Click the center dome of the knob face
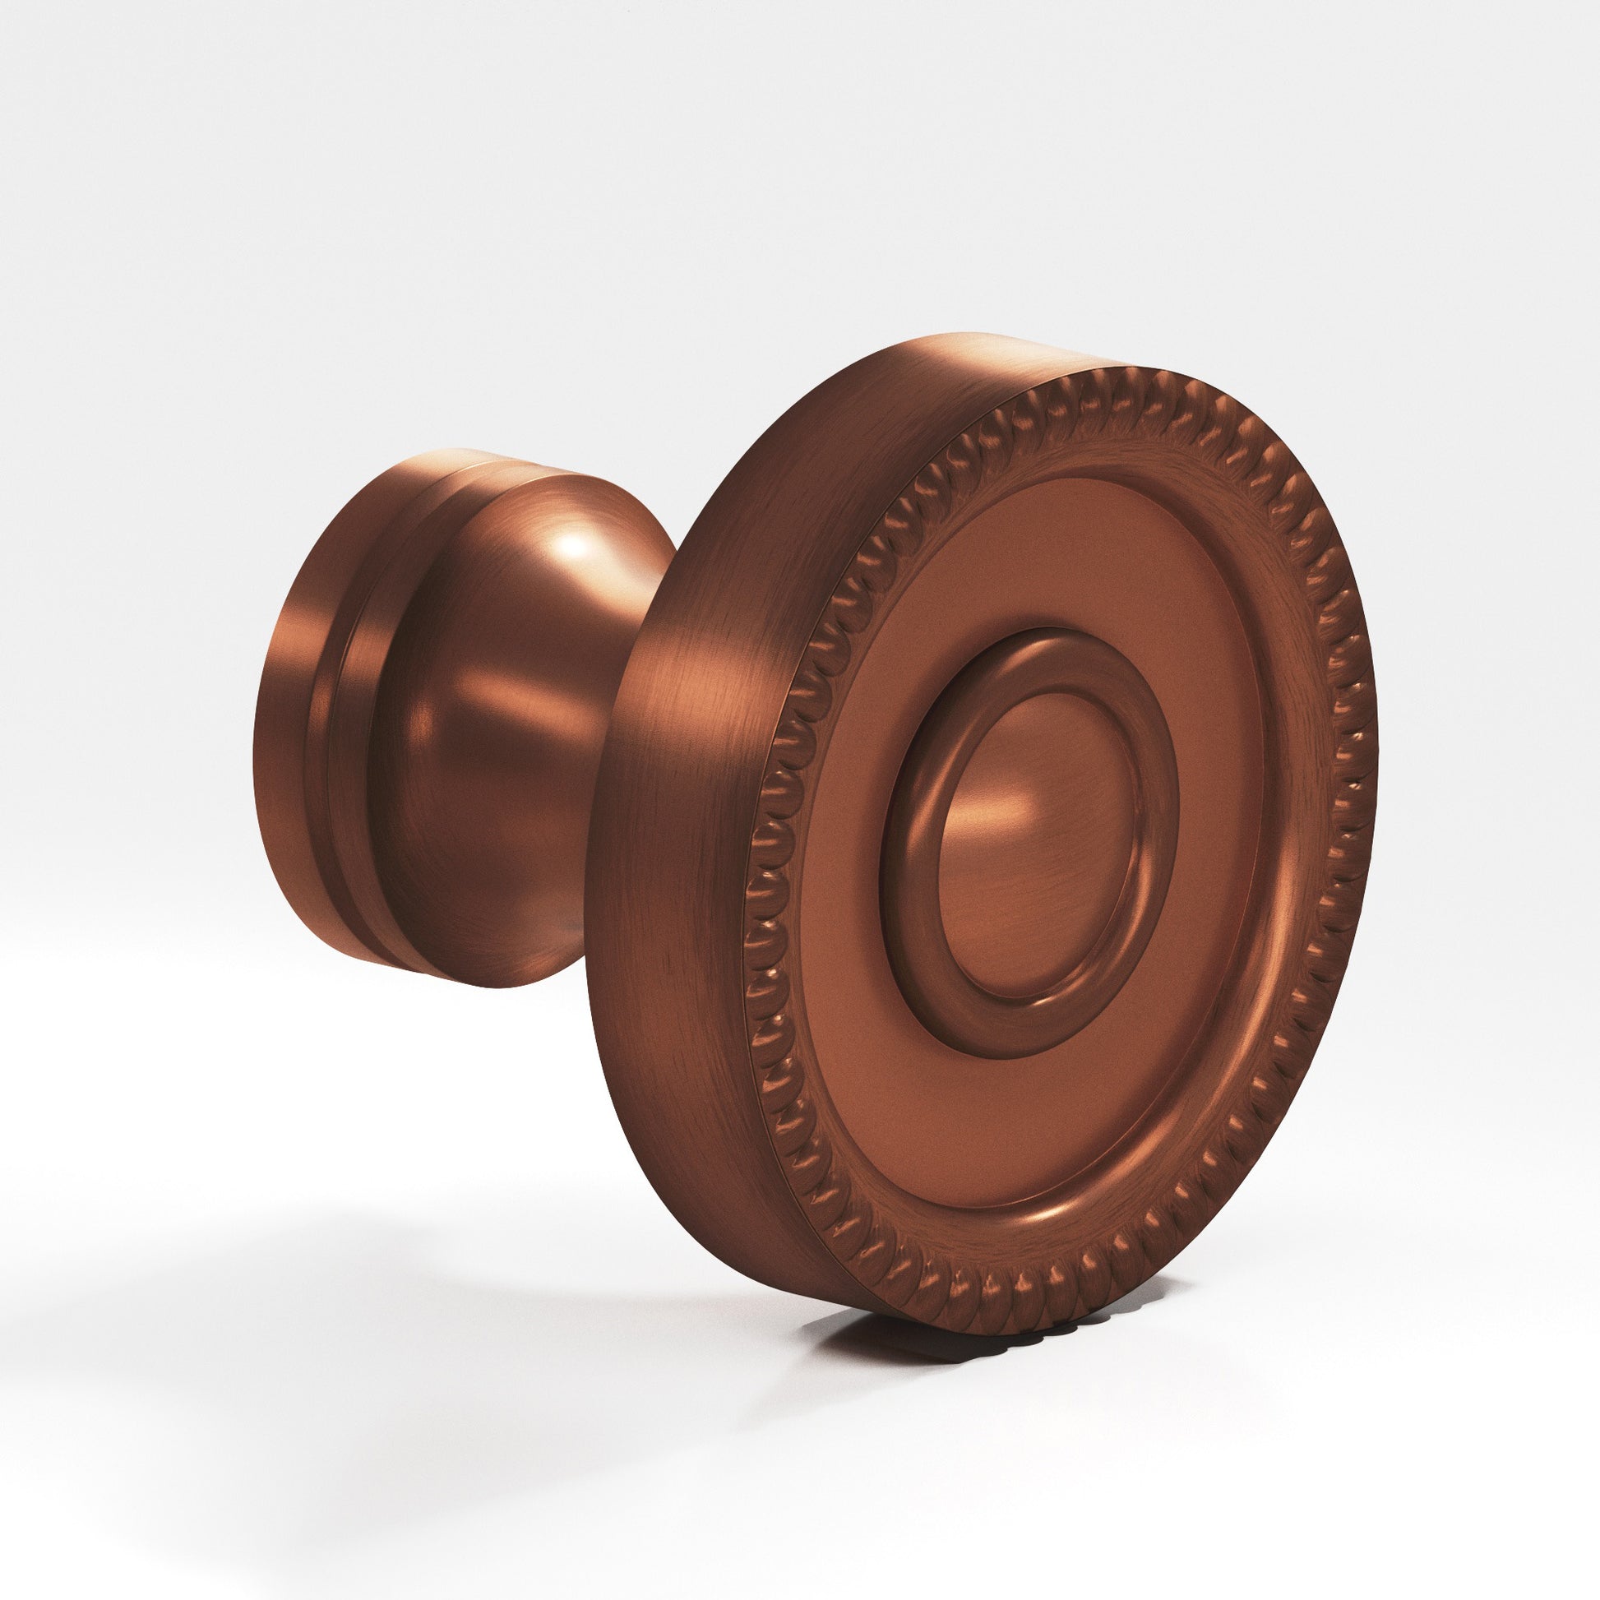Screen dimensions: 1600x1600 point(1035,844)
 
